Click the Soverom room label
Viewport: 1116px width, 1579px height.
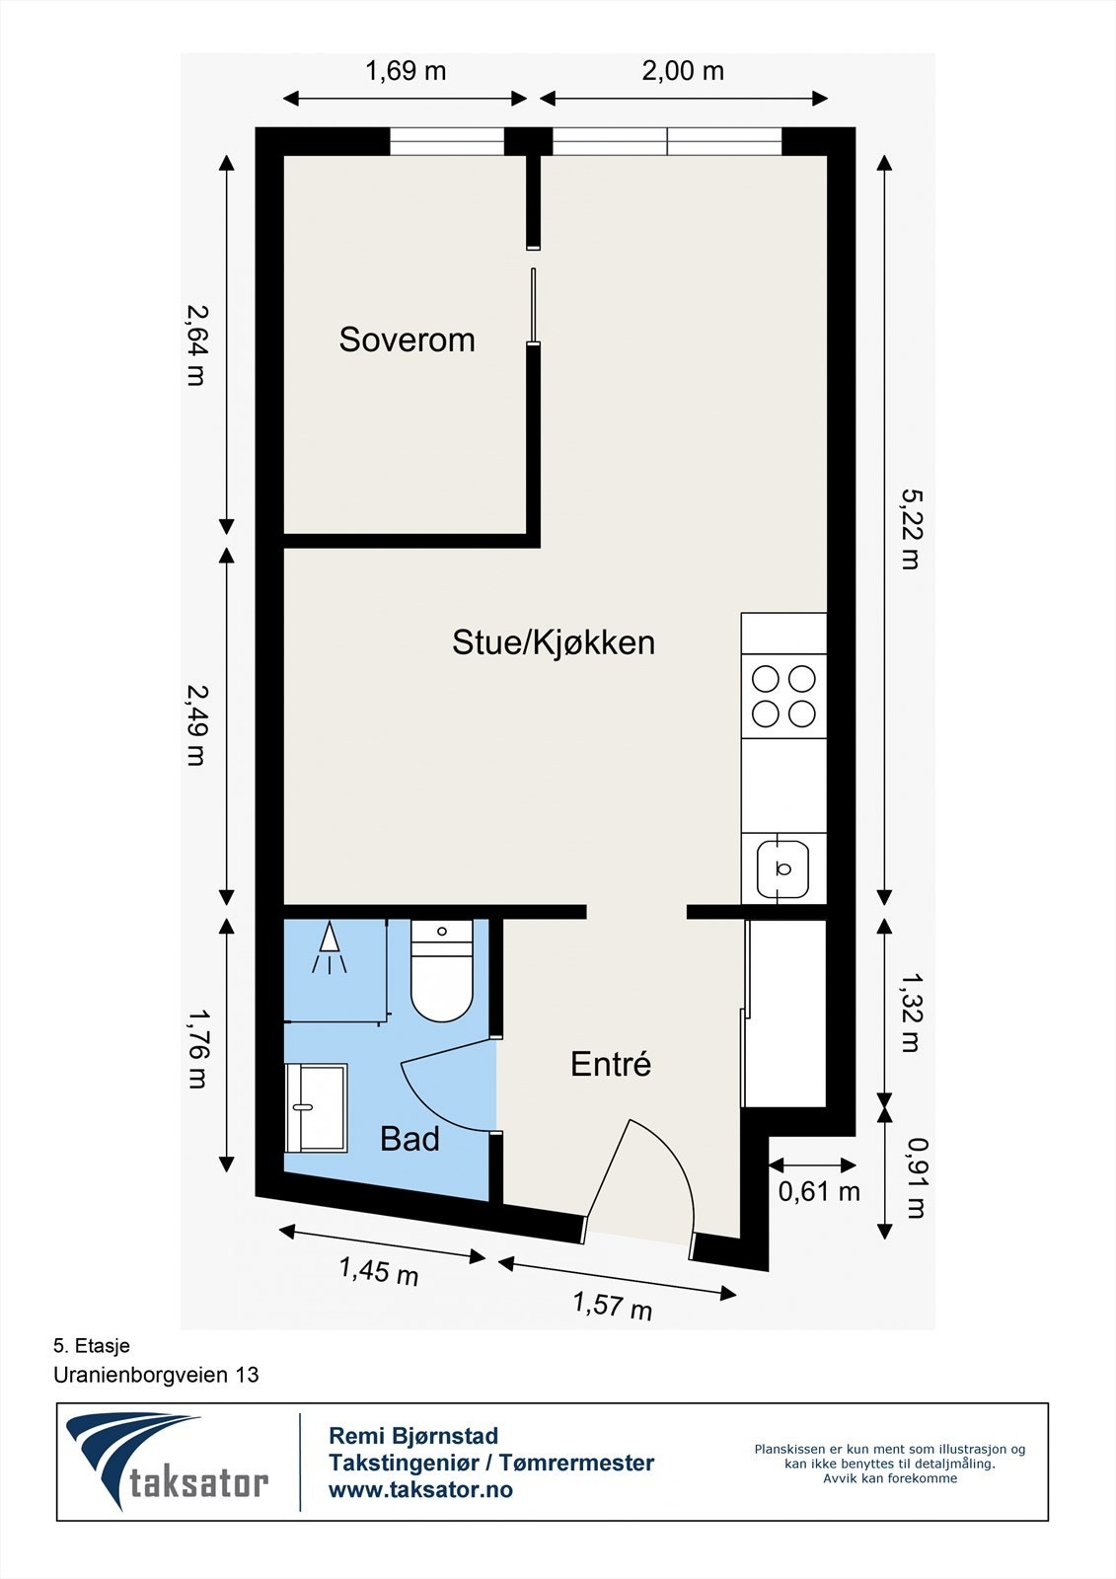(x=407, y=339)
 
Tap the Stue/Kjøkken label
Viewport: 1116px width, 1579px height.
(x=553, y=642)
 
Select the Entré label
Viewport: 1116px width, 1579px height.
(x=611, y=1064)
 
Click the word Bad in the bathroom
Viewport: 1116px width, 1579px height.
(x=409, y=1139)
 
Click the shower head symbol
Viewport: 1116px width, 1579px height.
(x=329, y=949)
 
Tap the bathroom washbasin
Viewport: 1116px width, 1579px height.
(x=316, y=1107)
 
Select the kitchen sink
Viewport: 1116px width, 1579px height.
(x=783, y=868)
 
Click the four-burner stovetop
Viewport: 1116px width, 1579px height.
(x=783, y=696)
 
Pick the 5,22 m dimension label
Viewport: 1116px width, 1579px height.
(x=909, y=529)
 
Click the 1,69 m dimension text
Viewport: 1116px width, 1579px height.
(x=406, y=71)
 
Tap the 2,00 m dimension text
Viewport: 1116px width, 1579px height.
(x=683, y=71)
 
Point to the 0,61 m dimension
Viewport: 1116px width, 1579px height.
(x=818, y=1191)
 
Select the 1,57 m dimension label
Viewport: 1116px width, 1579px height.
(x=613, y=1305)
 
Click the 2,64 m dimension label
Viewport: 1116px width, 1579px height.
(x=196, y=342)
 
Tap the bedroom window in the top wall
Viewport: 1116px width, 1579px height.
(x=447, y=142)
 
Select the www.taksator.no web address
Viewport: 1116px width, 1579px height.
(x=420, y=1489)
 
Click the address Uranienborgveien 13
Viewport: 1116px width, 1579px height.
(x=156, y=1374)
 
